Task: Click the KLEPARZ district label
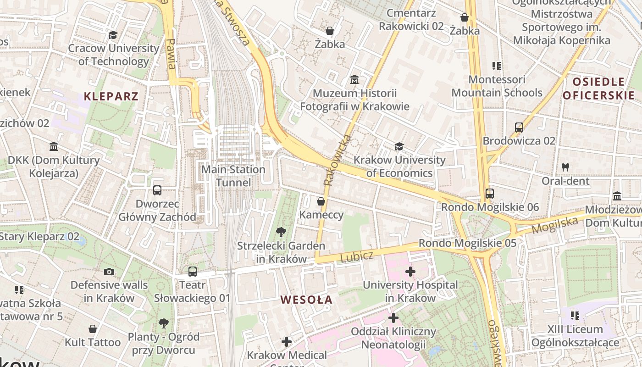(x=111, y=96)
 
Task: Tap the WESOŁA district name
(x=306, y=300)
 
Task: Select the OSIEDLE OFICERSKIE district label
(x=598, y=89)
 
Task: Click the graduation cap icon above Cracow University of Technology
(x=113, y=35)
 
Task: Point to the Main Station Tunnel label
(x=233, y=176)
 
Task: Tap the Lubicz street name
(x=357, y=257)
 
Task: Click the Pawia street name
(x=171, y=54)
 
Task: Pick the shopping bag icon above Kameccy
(x=321, y=201)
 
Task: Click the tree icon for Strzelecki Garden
(x=281, y=232)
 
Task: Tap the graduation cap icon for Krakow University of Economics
(x=399, y=146)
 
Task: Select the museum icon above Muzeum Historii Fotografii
(x=354, y=80)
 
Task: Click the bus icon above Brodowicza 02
(x=519, y=128)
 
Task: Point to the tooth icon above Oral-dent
(x=565, y=167)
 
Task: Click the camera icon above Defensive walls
(x=109, y=272)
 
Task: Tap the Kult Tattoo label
(x=93, y=342)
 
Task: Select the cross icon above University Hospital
(x=410, y=272)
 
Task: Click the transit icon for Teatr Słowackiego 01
(x=193, y=272)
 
